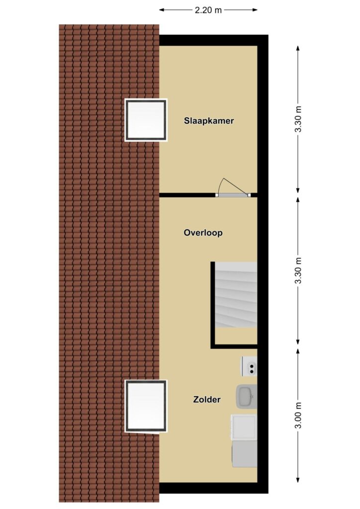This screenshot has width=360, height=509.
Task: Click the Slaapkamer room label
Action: pyautogui.click(x=209, y=121)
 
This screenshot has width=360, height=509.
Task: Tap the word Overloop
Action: pyautogui.click(x=203, y=233)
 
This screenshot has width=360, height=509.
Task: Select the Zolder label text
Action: pyautogui.click(x=207, y=399)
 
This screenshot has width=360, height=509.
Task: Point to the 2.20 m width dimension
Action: pyautogui.click(x=208, y=10)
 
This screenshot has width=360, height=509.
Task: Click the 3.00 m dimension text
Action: pyautogui.click(x=298, y=415)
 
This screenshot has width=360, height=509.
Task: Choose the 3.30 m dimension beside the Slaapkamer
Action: pyautogui.click(x=298, y=119)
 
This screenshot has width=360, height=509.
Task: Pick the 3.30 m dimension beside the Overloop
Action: pyautogui.click(x=298, y=270)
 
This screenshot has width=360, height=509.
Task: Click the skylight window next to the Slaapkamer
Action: pyautogui.click(x=146, y=120)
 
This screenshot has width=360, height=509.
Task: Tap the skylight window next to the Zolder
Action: pyautogui.click(x=146, y=407)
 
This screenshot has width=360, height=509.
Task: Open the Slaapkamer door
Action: pyautogui.click(x=233, y=195)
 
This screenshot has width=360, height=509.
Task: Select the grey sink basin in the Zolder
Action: pyautogui.click(x=247, y=397)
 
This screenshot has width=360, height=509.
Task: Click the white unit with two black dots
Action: pyautogui.click(x=249, y=366)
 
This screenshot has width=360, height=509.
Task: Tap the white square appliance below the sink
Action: pyautogui.click(x=244, y=427)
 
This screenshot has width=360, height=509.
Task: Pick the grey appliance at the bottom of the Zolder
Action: pyautogui.click(x=244, y=454)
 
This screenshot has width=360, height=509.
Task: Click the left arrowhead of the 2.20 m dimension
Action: pyautogui.click(x=161, y=10)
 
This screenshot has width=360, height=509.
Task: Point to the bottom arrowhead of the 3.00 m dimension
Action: pyautogui.click(x=298, y=480)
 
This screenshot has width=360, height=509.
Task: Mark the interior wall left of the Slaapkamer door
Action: pyautogui.click(x=187, y=195)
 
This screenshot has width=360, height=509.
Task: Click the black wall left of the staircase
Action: pyautogui.click(x=213, y=305)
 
